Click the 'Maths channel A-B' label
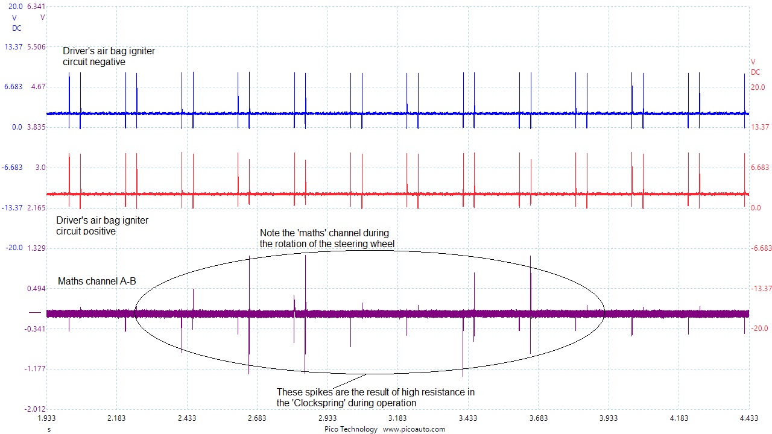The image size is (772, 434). [96, 281]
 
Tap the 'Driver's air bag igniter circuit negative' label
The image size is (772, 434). [109, 56]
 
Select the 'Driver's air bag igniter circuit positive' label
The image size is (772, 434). [102, 225]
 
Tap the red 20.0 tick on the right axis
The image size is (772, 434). [758, 87]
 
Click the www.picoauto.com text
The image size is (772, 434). [414, 429]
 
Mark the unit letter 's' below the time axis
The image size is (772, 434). [49, 429]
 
